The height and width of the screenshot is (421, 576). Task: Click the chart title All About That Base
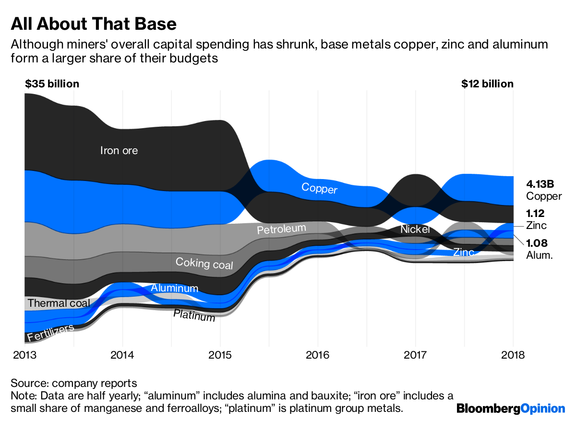(94, 24)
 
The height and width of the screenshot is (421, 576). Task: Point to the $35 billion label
(52, 84)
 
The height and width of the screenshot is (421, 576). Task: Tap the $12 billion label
(487, 84)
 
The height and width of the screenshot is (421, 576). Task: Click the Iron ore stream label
(119, 151)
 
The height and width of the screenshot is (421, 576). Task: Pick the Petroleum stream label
(281, 229)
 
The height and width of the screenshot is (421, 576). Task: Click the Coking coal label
(204, 263)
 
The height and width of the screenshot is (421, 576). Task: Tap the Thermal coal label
(59, 303)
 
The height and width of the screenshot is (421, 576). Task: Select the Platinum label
(194, 315)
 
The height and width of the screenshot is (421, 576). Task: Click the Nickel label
(415, 229)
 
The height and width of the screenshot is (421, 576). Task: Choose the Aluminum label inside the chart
(174, 288)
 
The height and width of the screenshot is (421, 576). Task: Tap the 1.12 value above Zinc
(535, 214)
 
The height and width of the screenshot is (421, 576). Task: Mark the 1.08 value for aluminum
(537, 243)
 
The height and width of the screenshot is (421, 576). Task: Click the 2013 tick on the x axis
(24, 355)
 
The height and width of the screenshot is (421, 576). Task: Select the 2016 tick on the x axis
(317, 355)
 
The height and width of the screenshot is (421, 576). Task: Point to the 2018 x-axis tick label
(513, 355)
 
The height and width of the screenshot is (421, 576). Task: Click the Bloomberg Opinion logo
(511, 409)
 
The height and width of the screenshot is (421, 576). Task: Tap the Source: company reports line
(74, 384)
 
